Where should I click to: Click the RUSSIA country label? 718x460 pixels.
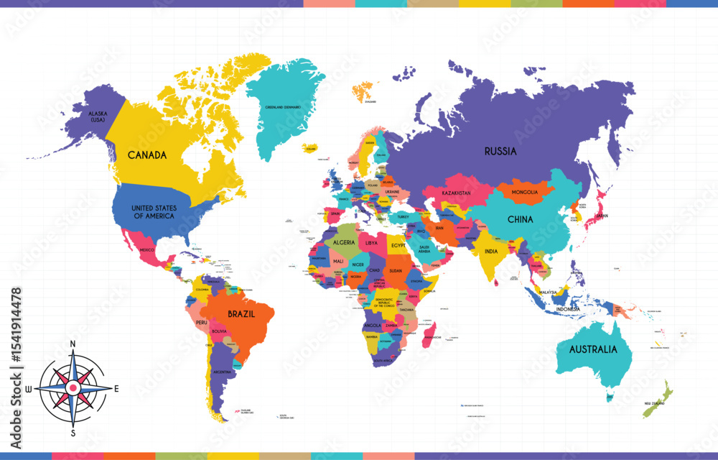pos(500,152)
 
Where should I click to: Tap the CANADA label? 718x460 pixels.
pos(147,155)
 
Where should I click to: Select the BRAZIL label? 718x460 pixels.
pos(241,314)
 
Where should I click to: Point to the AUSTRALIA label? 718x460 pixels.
pos(592,350)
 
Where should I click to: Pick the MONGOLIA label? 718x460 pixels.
pos(524,193)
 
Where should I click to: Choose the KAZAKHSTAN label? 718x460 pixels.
pos(456,194)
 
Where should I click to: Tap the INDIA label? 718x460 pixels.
pos(491,252)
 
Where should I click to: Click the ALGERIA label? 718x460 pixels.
pos(344,243)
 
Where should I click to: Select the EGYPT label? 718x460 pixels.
pos(398,246)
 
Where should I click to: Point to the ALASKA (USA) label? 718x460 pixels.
pos(97,116)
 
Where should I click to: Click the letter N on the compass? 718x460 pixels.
pos(73,344)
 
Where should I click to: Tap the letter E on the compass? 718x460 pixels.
pos(116,388)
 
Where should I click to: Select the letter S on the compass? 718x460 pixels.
pos(73,433)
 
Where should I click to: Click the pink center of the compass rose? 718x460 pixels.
pos(73,388)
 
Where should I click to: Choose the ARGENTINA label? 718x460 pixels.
pos(222,372)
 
